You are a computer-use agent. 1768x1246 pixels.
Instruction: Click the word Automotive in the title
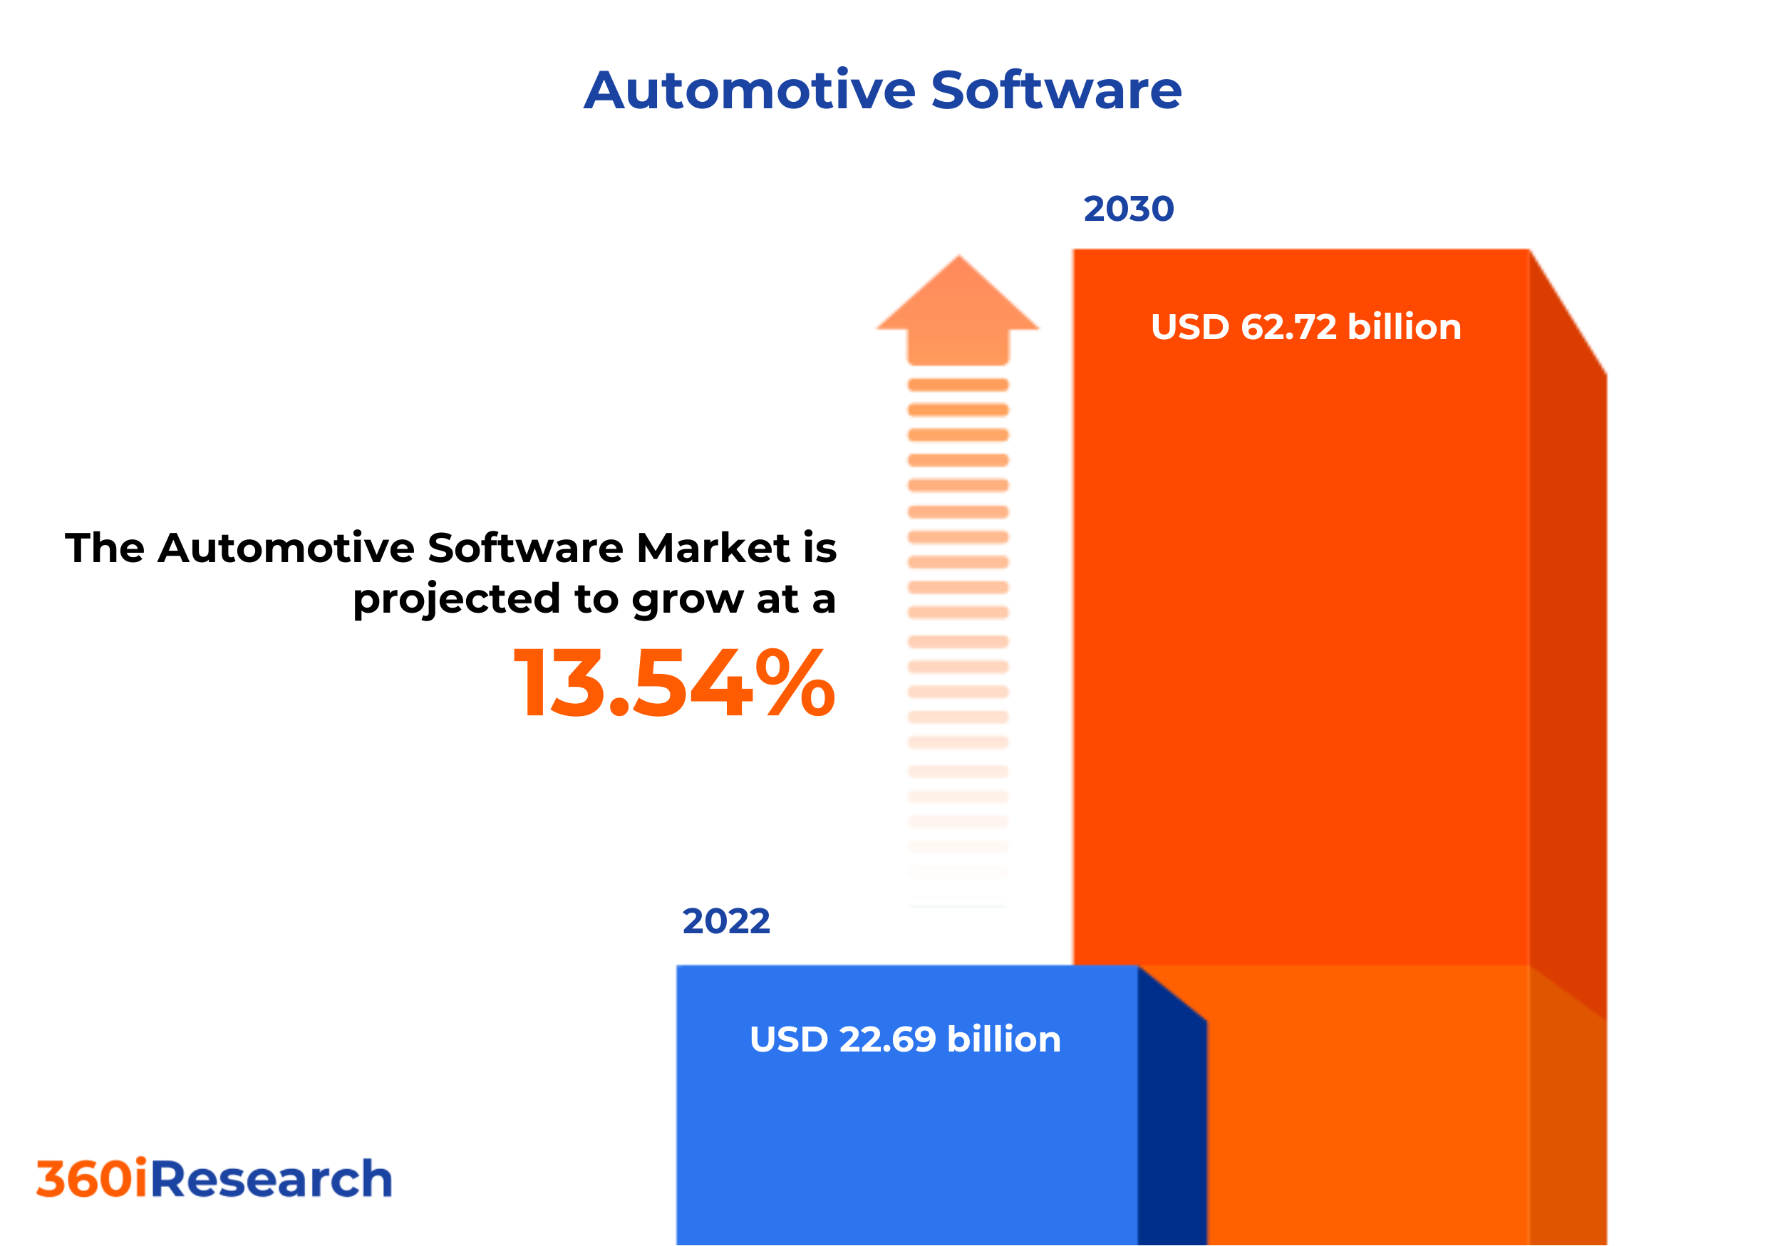point(749,90)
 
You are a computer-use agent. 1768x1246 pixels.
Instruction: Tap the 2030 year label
point(1128,209)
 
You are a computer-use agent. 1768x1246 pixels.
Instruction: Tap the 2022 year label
point(725,921)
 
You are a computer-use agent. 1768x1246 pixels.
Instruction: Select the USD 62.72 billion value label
point(1306,327)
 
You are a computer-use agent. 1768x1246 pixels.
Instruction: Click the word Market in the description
point(713,549)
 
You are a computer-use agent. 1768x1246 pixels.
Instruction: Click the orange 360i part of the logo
point(92,1179)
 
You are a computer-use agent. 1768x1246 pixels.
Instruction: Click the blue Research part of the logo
point(271,1179)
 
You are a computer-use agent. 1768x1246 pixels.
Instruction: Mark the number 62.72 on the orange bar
point(1288,327)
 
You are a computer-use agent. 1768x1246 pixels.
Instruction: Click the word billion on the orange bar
point(1404,327)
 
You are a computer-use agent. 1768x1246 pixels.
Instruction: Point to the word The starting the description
point(105,549)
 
